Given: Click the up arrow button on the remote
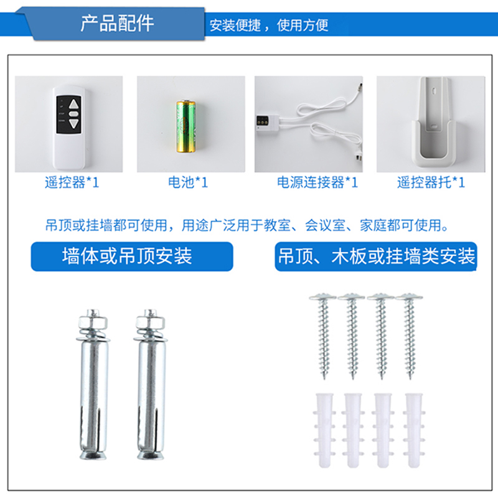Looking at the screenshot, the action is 74,104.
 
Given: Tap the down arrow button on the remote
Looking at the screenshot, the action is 74,124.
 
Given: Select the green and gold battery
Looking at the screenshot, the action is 186,126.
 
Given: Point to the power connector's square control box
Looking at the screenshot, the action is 267,122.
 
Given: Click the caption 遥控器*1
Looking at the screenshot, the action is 72,182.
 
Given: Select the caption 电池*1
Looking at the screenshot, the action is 188,182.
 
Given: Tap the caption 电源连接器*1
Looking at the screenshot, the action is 317,182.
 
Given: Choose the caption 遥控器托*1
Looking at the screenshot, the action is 431,182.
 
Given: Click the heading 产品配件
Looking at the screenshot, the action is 117,24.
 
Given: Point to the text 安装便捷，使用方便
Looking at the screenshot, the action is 269,25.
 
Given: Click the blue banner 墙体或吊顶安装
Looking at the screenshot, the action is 132,256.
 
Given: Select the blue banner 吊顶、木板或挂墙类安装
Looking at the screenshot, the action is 376,256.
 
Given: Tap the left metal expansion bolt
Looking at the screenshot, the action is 93,384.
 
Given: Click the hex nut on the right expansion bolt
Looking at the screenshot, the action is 150,321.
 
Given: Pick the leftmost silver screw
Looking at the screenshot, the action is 323,336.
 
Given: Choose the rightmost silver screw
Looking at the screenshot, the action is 410,336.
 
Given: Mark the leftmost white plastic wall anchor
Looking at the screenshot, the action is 324,430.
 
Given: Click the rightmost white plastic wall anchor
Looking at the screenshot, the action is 414,430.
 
